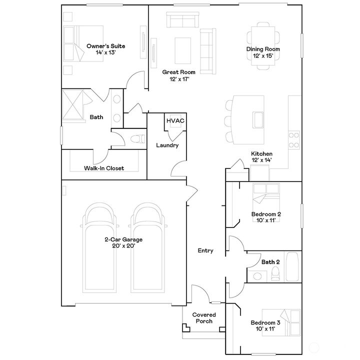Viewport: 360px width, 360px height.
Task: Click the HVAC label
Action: pos(175,121)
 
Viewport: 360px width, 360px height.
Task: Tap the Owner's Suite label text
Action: pos(105,46)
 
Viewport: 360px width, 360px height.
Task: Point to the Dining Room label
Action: pos(262,49)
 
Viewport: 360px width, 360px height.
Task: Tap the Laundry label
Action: pos(167,145)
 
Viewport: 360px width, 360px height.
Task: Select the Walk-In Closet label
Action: pos(104,168)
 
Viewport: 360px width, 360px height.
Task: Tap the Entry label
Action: pos(205,250)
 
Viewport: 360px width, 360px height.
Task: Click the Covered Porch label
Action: pos(204,318)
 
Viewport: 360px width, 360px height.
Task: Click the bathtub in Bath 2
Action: pos(292,267)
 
